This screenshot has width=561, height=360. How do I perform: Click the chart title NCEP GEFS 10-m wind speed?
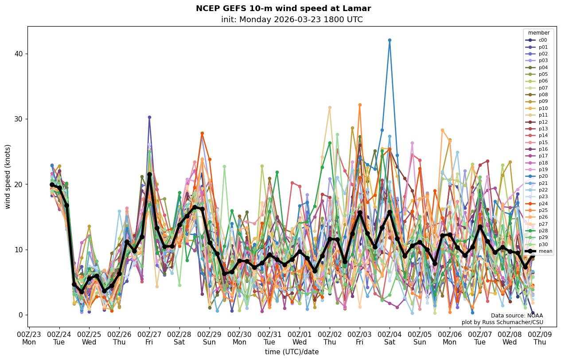283,8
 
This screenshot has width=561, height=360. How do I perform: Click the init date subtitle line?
292,20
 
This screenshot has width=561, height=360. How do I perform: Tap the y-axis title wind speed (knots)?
8,176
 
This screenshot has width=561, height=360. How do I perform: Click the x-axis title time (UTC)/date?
292,352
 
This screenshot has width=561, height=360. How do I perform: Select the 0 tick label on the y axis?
20,315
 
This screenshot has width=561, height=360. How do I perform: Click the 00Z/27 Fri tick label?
149,338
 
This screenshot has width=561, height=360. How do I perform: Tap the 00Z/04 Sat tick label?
390,338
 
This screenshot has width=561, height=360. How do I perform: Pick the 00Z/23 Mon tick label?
29,338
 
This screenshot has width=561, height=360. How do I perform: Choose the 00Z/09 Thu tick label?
540,338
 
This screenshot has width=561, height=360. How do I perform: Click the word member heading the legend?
538,33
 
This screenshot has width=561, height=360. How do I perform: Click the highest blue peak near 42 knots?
390,40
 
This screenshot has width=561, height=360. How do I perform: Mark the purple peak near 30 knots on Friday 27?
149,117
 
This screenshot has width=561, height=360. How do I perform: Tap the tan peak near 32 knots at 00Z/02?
330,107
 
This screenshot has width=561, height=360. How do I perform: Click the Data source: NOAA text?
517,316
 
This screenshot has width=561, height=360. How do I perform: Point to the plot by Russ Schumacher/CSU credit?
502,322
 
